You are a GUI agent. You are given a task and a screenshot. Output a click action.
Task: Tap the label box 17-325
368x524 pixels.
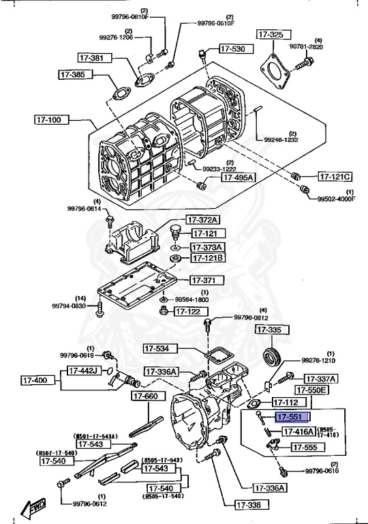[271, 34]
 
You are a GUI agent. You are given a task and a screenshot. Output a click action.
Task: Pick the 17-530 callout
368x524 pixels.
[236, 48]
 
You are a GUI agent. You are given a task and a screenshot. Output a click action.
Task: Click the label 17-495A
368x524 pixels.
[237, 177]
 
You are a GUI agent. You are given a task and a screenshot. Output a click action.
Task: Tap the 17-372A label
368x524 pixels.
[205, 220]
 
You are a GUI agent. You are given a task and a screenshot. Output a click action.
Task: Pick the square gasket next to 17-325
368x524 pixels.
[274, 69]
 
